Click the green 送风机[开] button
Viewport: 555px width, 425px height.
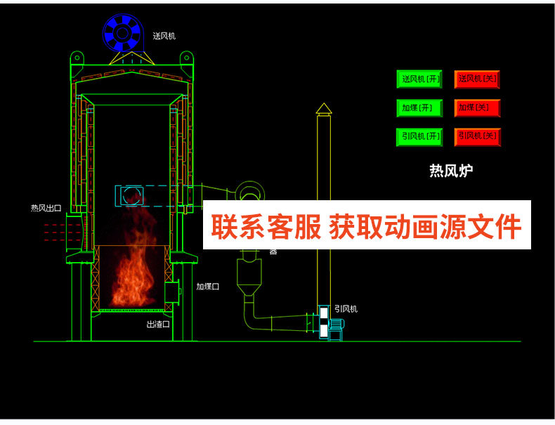point(420,79)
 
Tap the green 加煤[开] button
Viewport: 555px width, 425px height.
point(420,108)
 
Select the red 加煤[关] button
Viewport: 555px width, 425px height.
point(477,108)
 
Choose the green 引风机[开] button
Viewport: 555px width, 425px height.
point(420,136)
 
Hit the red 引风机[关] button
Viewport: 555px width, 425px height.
point(477,136)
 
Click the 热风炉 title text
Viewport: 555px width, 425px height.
point(451,171)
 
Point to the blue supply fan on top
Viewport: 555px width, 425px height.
point(123,32)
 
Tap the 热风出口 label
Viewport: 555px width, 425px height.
point(46,208)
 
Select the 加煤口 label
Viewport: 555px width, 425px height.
point(208,287)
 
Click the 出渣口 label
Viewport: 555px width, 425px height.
point(158,325)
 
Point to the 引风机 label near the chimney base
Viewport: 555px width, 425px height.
point(346,308)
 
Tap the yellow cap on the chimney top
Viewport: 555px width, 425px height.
point(323,108)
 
